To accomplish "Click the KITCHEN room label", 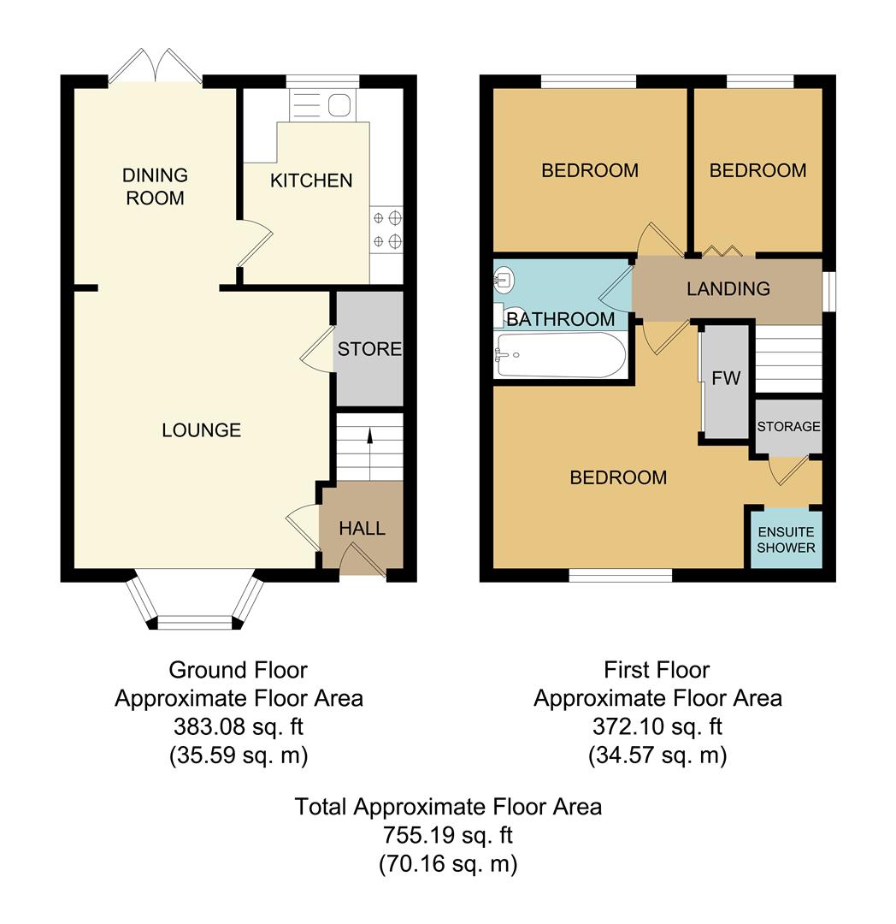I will [x=311, y=181].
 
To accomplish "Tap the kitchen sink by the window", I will [x=321, y=106].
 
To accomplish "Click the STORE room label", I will [x=369, y=349].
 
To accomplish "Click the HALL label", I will [x=363, y=529].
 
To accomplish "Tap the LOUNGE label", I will [x=202, y=430].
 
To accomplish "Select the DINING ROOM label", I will [x=155, y=187].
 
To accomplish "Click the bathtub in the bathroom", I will [x=560, y=355].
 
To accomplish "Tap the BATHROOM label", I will [x=561, y=320].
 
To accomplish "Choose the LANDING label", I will [x=728, y=289].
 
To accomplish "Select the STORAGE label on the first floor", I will [x=788, y=427].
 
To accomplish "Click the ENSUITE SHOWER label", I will [x=786, y=540].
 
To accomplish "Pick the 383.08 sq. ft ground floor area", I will [x=239, y=727].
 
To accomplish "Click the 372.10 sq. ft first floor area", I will [x=657, y=727].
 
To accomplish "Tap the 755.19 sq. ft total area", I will [x=448, y=835].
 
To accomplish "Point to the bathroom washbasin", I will [x=504, y=279].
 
